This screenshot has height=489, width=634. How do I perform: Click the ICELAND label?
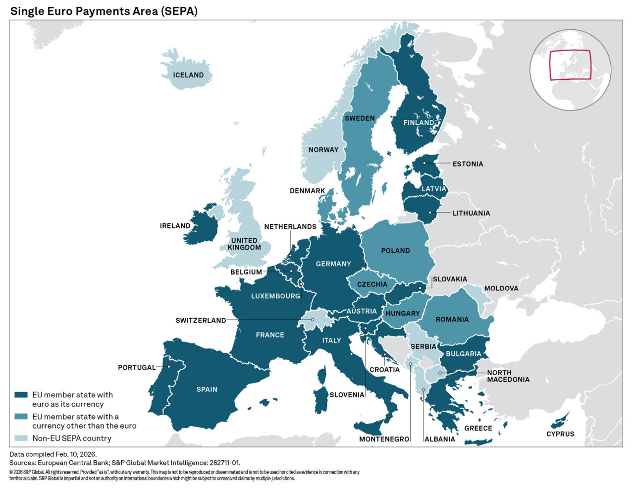(x=188, y=75)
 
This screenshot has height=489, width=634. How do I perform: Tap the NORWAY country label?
(x=323, y=150)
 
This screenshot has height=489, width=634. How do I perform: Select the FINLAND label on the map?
(x=419, y=122)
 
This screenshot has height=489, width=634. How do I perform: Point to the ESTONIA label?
(x=468, y=164)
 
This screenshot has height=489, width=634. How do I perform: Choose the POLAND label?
(x=395, y=251)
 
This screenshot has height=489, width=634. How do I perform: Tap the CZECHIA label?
(x=372, y=284)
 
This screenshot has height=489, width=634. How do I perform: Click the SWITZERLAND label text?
(x=201, y=321)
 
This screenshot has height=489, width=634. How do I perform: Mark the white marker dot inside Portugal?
(x=169, y=367)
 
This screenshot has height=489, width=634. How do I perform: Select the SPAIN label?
(x=207, y=389)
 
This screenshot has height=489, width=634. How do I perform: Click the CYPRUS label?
(x=560, y=434)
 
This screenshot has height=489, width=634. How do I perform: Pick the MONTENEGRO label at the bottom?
(x=384, y=439)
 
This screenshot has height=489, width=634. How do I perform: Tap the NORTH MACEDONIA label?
(x=508, y=376)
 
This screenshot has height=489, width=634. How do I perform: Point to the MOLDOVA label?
(x=501, y=288)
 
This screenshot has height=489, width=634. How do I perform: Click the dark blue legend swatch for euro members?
(x=21, y=395)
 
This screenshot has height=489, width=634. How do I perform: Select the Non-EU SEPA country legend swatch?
(x=21, y=438)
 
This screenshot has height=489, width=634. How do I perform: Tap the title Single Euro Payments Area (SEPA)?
(x=104, y=11)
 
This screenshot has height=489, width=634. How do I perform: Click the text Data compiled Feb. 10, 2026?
(x=53, y=454)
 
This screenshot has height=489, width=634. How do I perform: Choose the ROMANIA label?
(x=452, y=320)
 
